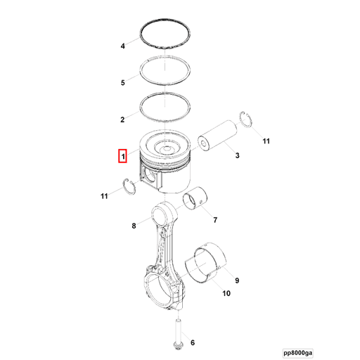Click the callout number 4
(x=122, y=46)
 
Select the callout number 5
(x=122, y=82)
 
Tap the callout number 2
(x=122, y=120)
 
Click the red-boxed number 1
(x=122, y=156)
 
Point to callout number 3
(x=237, y=155)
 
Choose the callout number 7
(x=215, y=220)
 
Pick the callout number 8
(x=134, y=226)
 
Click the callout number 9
(x=237, y=281)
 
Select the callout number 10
(x=226, y=293)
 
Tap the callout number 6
(x=193, y=342)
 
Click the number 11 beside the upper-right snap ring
(x=266, y=141)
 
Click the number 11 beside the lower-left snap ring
(x=104, y=196)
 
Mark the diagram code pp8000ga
(x=297, y=353)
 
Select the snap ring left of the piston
(x=129, y=186)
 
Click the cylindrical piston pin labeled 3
(x=217, y=136)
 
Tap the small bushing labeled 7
(x=195, y=198)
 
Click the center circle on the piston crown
(x=167, y=148)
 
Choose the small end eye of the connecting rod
(x=161, y=214)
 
